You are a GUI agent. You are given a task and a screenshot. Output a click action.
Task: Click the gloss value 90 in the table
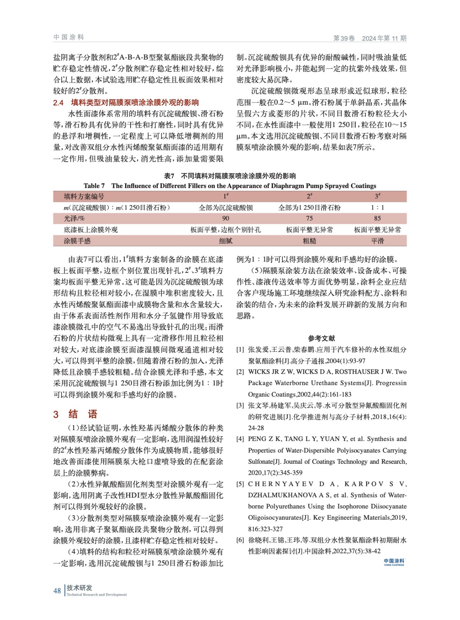(x=226, y=218)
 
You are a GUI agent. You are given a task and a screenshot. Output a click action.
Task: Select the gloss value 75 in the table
(x=309, y=218)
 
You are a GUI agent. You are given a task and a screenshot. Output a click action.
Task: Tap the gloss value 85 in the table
(x=377, y=218)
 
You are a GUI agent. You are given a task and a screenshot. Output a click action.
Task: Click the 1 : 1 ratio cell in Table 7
(x=377, y=207)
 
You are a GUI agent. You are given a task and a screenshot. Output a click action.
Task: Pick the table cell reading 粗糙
(x=309, y=241)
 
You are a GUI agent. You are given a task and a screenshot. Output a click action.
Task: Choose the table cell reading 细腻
(x=226, y=241)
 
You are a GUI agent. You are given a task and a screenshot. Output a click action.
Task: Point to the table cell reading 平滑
(x=377, y=241)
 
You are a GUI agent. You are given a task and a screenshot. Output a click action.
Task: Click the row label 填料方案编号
(x=84, y=196)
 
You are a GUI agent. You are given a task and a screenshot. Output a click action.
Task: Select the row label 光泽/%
(x=74, y=218)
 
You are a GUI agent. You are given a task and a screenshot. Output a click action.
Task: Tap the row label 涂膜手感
(x=77, y=241)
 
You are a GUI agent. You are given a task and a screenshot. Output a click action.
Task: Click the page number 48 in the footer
(x=57, y=591)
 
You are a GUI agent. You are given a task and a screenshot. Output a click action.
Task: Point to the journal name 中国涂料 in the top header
(x=69, y=37)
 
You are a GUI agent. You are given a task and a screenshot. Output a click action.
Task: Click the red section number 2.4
(x=58, y=103)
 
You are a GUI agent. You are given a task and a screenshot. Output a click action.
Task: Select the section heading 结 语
(x=83, y=414)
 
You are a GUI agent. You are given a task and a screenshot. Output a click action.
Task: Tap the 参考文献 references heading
(x=321, y=338)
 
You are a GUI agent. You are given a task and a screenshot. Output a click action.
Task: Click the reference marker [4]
(x=240, y=439)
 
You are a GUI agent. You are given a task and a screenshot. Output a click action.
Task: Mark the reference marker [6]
(x=240, y=540)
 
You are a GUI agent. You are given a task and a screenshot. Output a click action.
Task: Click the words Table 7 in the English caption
(x=94, y=186)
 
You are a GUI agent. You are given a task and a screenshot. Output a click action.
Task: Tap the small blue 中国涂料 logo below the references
(x=394, y=562)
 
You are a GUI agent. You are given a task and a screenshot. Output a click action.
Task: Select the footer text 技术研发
(x=79, y=587)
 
